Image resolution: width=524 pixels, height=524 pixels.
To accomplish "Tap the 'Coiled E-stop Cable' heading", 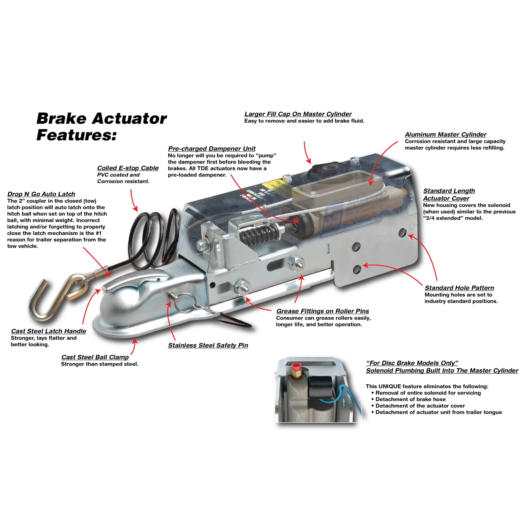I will [x=128, y=168].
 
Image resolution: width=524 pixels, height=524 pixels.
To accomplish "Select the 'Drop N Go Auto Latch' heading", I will [x=41, y=194].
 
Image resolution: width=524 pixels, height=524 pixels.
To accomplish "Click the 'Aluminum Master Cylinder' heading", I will [x=445, y=134].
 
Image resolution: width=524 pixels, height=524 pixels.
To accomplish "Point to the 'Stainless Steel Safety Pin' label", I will [x=208, y=346].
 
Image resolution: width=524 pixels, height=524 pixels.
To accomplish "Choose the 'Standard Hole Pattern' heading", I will [x=459, y=288].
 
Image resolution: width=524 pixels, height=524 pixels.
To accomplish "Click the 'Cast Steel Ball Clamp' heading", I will [x=95, y=357].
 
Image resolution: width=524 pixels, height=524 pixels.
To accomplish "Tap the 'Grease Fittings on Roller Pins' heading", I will [x=323, y=311].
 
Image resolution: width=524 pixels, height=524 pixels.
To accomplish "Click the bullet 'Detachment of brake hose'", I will [x=410, y=399].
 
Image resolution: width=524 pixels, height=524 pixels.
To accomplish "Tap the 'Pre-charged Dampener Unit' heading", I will [x=211, y=149].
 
